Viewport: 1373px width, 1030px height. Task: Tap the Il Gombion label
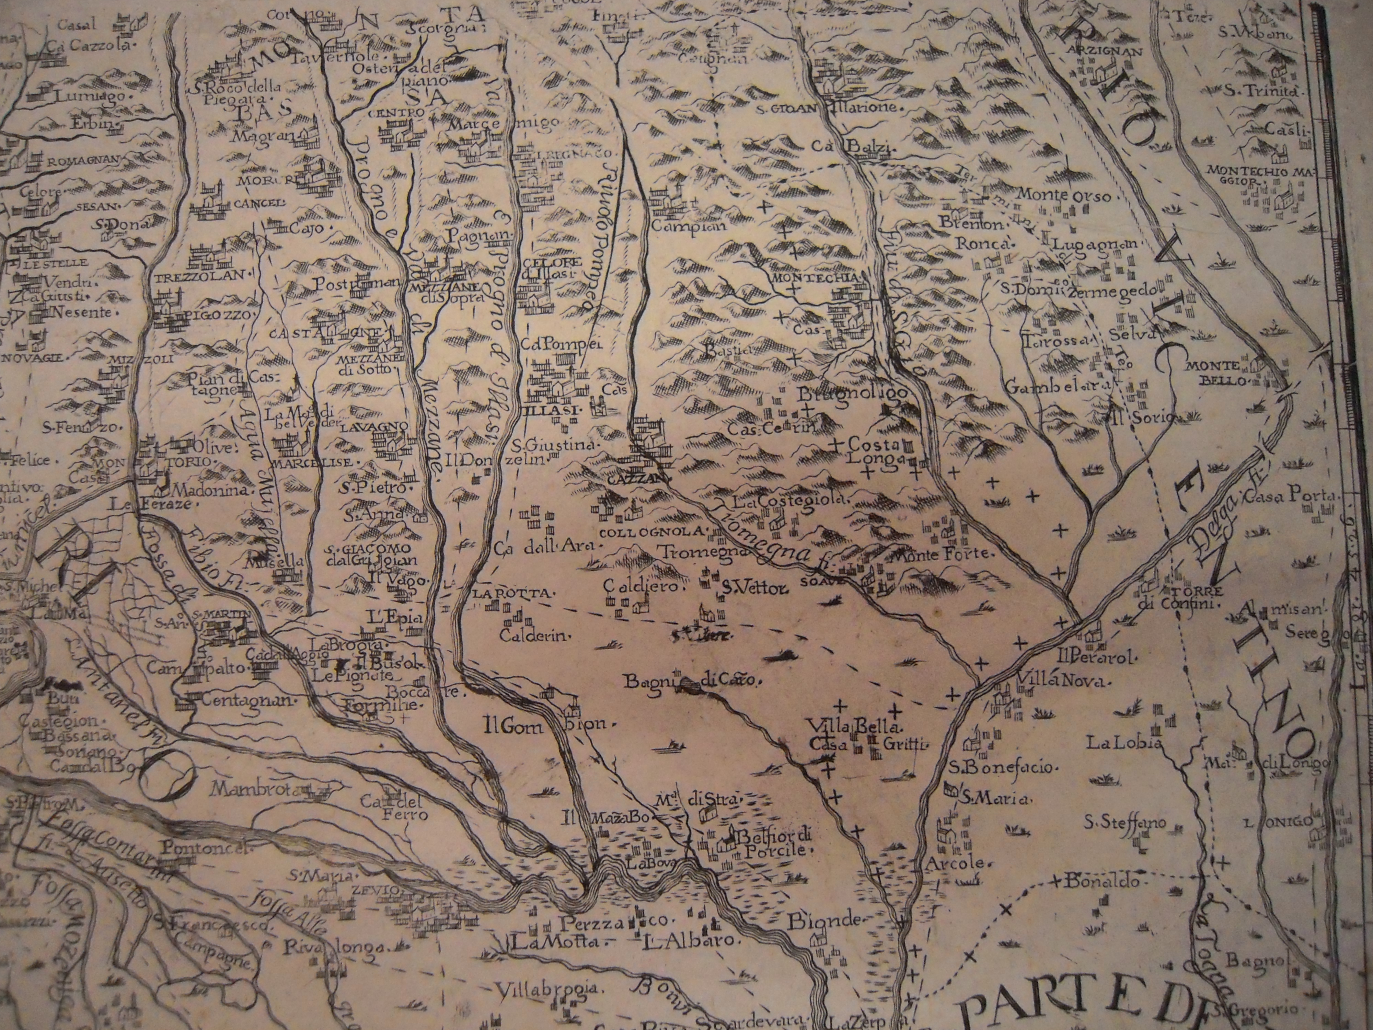click(x=550, y=724)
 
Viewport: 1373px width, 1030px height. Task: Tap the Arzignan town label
click(x=1106, y=51)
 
